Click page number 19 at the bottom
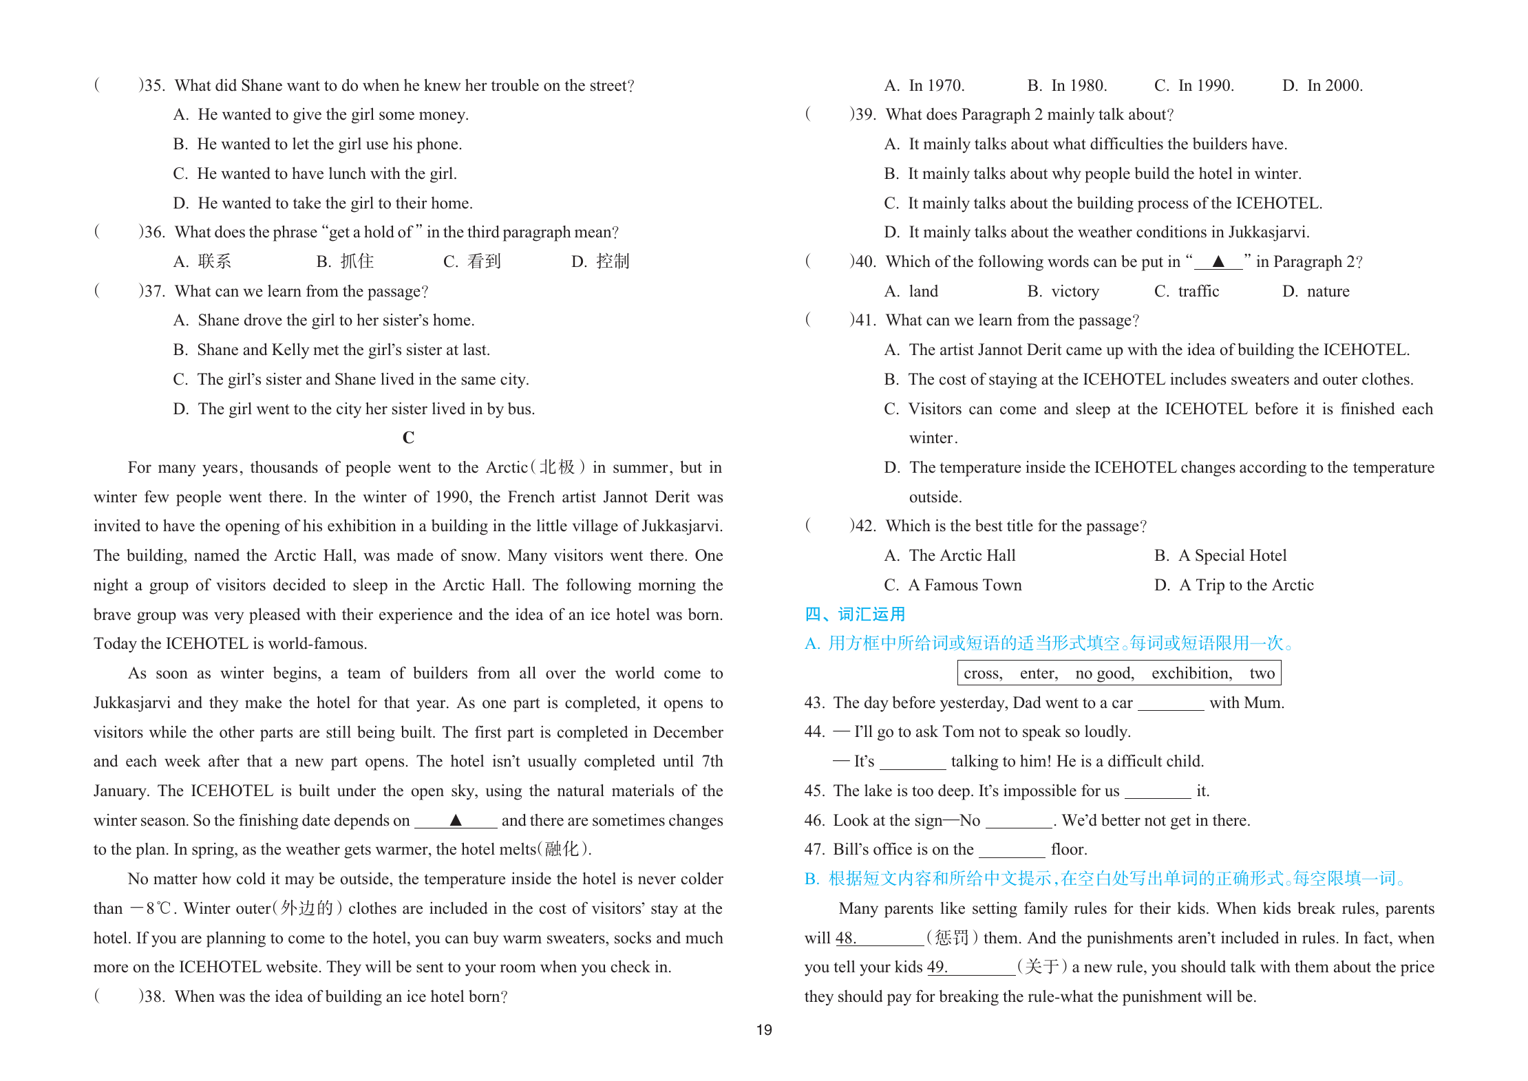(764, 1030)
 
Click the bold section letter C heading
(408, 438)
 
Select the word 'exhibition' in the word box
(1191, 673)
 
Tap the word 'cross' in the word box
(982, 673)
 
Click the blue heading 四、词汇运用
(855, 614)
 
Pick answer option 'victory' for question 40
(1074, 291)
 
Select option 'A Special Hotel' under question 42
(1232, 555)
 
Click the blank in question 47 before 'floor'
(1012, 851)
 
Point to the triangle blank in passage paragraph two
(456, 820)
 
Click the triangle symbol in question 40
(1218, 261)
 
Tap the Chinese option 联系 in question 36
(214, 261)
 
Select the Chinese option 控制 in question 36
(613, 261)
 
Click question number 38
(152, 996)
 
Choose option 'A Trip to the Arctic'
(1246, 585)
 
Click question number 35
(152, 85)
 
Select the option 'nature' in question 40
(1328, 291)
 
